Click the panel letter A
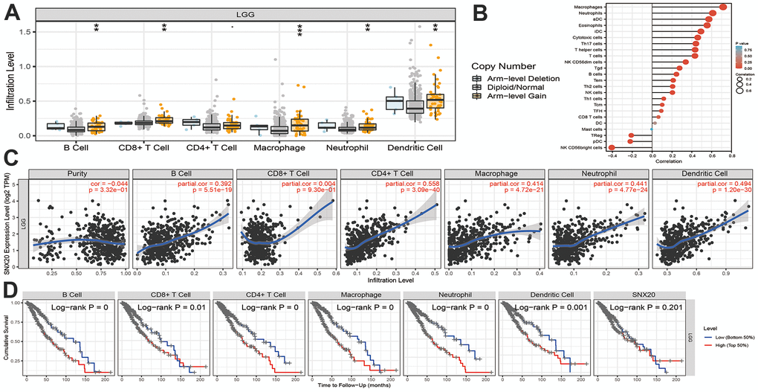[x=13, y=13]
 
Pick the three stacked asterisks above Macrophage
[x=300, y=30]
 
